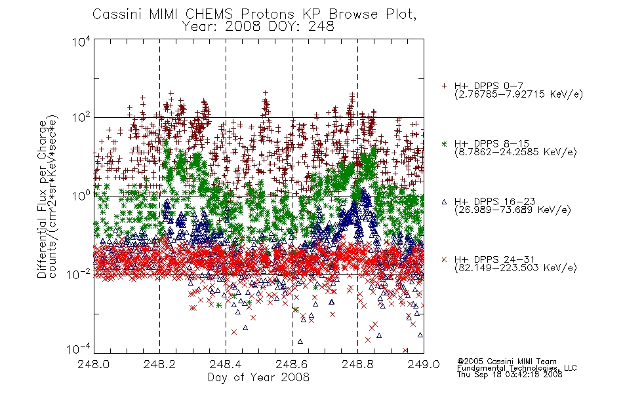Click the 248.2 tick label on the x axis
click(160, 364)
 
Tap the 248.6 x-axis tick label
click(292, 364)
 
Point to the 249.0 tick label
click(424, 364)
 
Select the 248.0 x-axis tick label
click(94, 364)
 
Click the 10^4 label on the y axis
click(81, 41)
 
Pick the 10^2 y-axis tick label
click(81, 117)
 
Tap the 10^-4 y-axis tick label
click(78, 348)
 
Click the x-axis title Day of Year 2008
click(258, 377)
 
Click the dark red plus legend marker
click(444, 86)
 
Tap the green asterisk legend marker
click(444, 143)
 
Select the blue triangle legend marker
click(444, 202)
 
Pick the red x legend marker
click(444, 259)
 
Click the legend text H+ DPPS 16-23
click(494, 201)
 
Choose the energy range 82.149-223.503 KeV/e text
click(515, 268)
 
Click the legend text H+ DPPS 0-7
click(489, 85)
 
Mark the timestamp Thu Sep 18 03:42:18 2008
click(510, 374)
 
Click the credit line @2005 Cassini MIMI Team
click(507, 362)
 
